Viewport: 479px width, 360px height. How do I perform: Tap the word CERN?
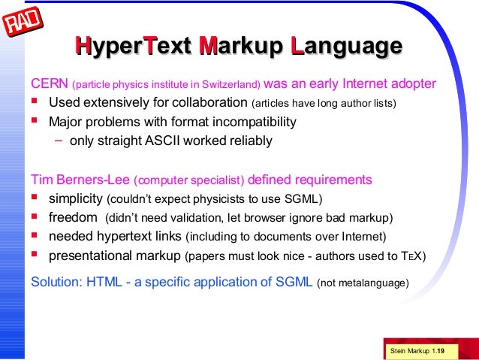(49, 83)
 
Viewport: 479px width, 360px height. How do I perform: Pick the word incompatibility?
(254, 122)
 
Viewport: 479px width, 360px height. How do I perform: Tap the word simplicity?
(76, 199)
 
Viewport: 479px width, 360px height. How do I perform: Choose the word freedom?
(73, 218)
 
